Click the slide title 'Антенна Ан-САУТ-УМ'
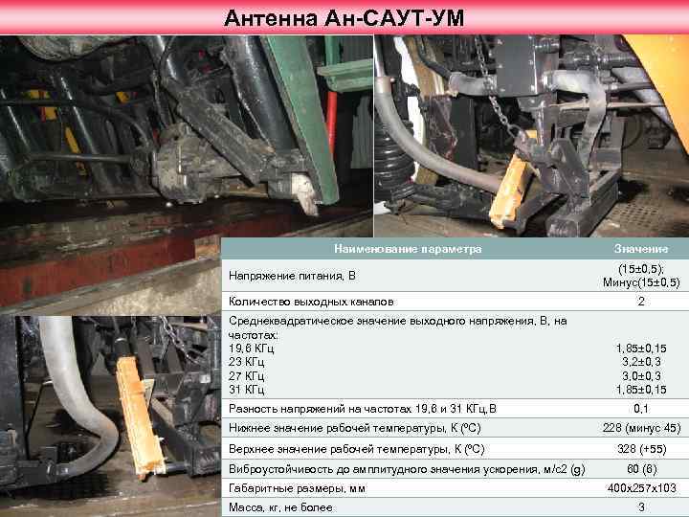tap(344, 18)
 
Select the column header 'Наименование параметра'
tap(408, 249)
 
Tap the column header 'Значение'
tap(641, 249)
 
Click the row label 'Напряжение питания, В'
tap(292, 276)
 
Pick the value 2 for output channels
tap(641, 302)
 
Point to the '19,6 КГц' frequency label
tap(252, 348)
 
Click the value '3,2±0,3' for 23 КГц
tap(641, 362)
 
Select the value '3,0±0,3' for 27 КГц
tap(641, 376)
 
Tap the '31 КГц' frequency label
tap(247, 390)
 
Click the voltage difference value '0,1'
tap(641, 409)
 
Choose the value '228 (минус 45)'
tap(641, 428)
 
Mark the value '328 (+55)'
tap(641, 449)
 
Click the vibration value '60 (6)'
tap(641, 469)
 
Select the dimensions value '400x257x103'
tap(641, 488)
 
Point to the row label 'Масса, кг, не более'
tap(280, 507)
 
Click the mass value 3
tap(641, 507)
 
